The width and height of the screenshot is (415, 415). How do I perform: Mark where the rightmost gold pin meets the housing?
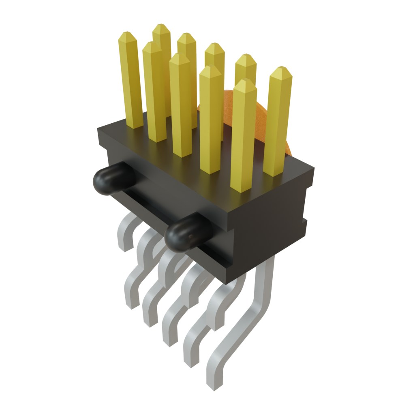[272, 173]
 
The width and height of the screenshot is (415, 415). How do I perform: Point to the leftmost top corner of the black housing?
[98, 129]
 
